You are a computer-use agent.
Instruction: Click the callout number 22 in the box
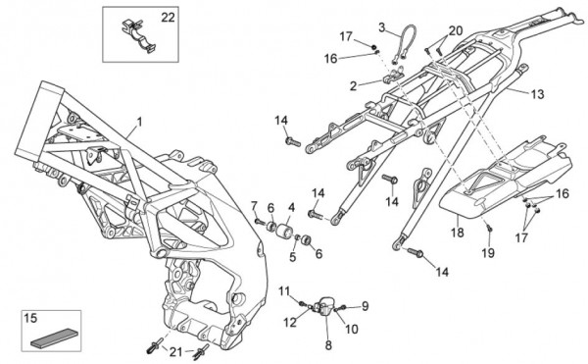point(168,18)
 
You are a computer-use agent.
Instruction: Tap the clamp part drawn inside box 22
point(138,35)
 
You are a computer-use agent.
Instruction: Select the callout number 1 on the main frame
point(139,122)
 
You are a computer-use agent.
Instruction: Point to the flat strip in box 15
point(52,337)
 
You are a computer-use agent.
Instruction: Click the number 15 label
point(30,318)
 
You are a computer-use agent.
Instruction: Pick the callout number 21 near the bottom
point(175,352)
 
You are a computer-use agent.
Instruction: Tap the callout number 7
point(254,206)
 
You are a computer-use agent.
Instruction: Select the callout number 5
point(292,257)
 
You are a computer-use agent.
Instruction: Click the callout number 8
point(328,345)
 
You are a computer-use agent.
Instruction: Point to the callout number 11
point(284,290)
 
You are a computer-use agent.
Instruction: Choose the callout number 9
point(365,306)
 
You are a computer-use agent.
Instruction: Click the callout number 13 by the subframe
point(538,94)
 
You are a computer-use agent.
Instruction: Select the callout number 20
point(456,30)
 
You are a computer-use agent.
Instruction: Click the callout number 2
point(353,86)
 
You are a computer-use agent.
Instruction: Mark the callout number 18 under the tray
point(457,233)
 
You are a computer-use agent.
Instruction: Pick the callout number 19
point(488,253)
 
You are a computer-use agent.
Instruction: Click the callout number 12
point(290,322)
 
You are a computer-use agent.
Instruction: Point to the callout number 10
point(352,329)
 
